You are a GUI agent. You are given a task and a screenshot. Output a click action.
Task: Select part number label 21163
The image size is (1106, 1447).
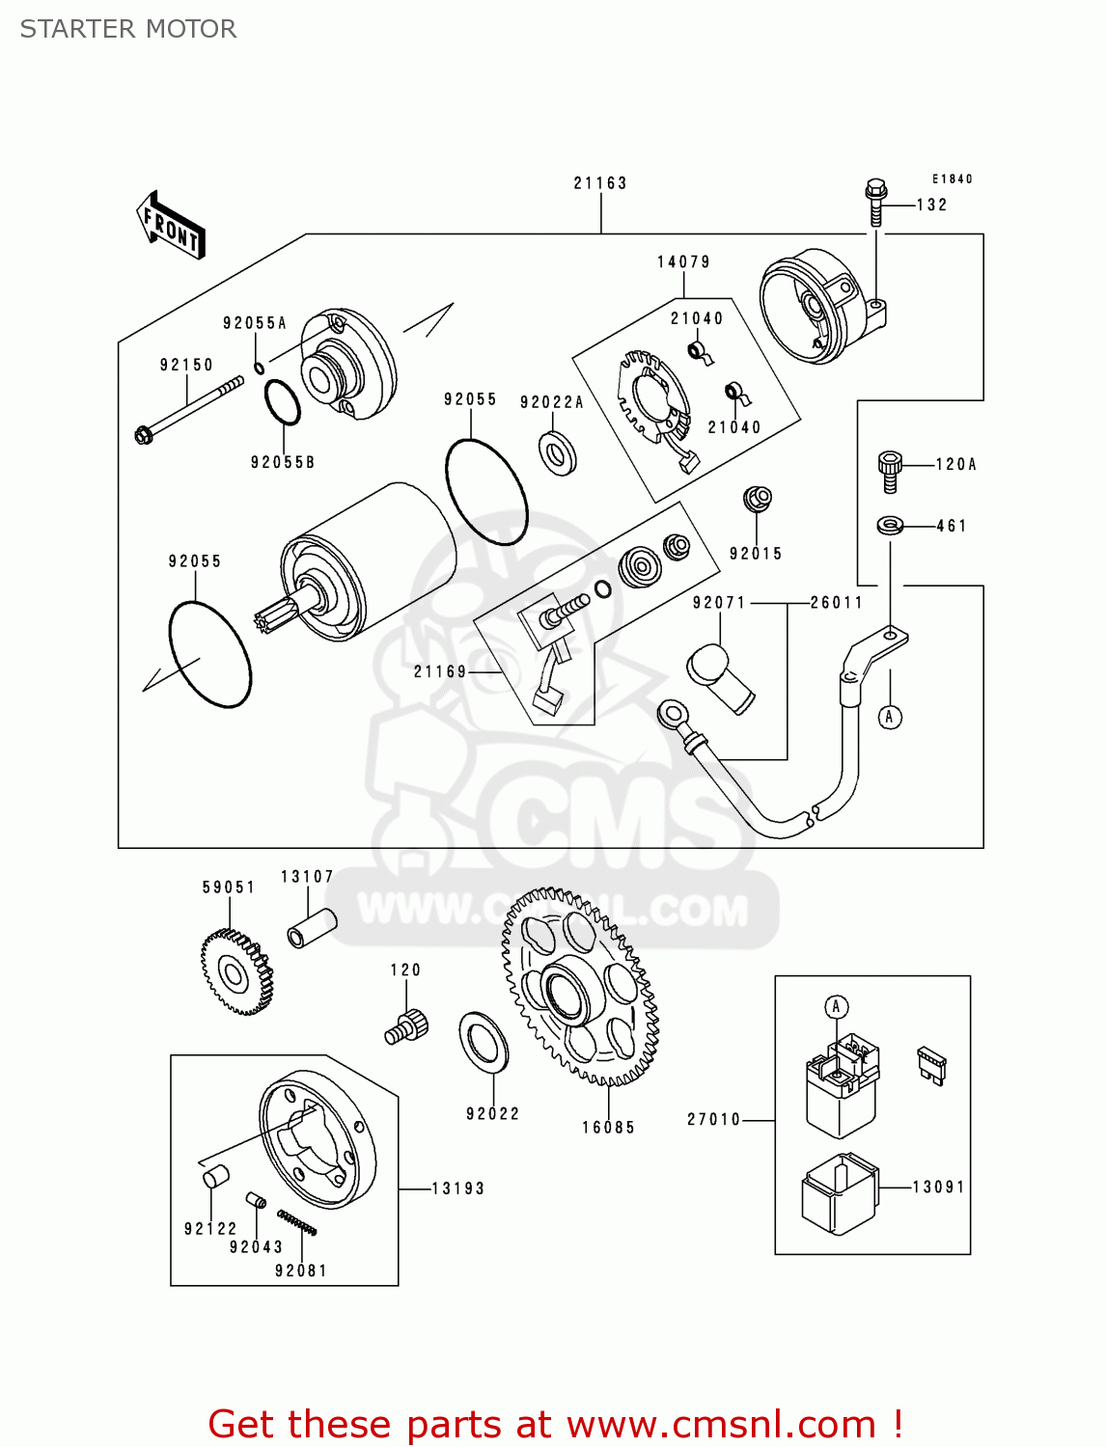pyautogui.click(x=599, y=183)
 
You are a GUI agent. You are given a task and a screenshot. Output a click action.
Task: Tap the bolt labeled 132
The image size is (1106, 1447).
pyautogui.click(x=875, y=202)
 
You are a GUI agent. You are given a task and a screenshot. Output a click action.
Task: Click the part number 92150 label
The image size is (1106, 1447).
pyautogui.click(x=186, y=365)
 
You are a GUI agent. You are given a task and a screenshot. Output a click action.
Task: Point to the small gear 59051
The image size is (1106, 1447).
pyautogui.click(x=235, y=971)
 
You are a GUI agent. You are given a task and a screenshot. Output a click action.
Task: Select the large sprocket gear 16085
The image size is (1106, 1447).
pyautogui.click(x=579, y=988)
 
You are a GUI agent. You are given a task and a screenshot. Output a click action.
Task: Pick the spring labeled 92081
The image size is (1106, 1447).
pyautogui.click(x=296, y=1222)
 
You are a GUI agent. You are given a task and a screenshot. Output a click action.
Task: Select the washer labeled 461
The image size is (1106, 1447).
pyautogui.click(x=890, y=526)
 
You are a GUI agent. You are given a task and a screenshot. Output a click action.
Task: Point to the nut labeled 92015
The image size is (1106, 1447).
pyautogui.click(x=758, y=500)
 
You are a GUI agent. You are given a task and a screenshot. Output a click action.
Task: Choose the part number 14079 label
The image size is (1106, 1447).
pyautogui.click(x=683, y=262)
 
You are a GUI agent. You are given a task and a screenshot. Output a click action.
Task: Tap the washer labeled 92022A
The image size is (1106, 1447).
pyautogui.click(x=557, y=453)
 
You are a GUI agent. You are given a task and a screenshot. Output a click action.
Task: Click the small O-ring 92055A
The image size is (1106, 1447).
pyautogui.click(x=260, y=368)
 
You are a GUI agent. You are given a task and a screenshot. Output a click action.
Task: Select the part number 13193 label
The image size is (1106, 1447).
pyautogui.click(x=457, y=1188)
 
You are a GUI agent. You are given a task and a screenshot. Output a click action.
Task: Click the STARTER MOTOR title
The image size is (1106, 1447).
pyautogui.click(x=128, y=29)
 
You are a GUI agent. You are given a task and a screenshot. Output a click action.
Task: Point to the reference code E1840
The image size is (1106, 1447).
pyautogui.click(x=952, y=179)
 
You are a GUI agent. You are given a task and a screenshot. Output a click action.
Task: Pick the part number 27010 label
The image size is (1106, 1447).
pyautogui.click(x=713, y=1119)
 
